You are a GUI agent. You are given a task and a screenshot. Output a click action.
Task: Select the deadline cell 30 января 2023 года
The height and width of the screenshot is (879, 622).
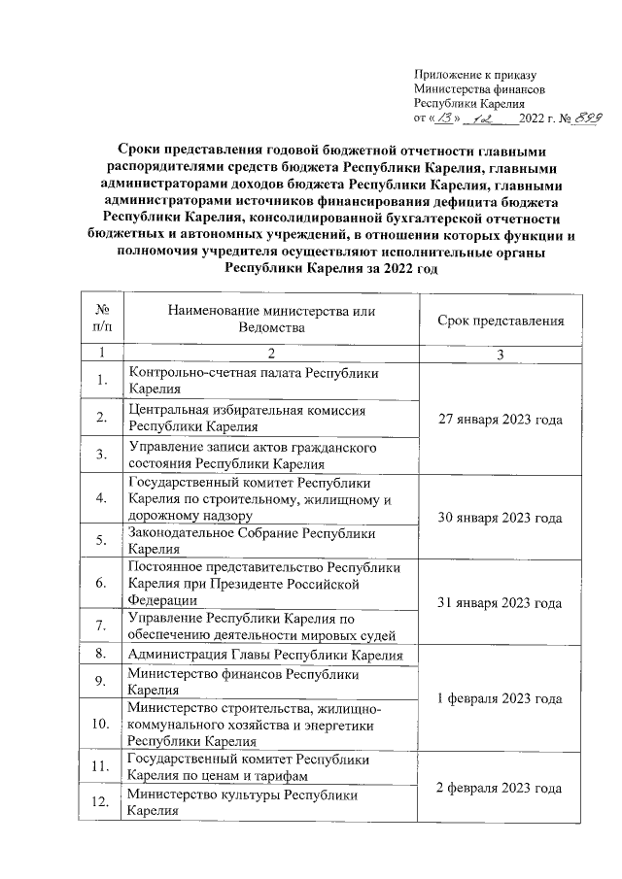[501, 518]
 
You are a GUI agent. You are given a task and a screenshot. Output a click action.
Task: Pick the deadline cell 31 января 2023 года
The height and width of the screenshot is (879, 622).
[501, 602]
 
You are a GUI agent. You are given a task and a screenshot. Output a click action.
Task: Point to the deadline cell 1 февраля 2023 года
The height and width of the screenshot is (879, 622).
[501, 698]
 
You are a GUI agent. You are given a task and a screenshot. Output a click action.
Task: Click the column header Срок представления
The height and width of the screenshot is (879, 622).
[501, 320]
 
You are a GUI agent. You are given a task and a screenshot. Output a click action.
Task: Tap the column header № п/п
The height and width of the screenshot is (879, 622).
[100, 320]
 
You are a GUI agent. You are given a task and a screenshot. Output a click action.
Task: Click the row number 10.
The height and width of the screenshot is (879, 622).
[100, 725]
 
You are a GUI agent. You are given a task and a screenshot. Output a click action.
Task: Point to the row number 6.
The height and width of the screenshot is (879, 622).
[100, 584]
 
